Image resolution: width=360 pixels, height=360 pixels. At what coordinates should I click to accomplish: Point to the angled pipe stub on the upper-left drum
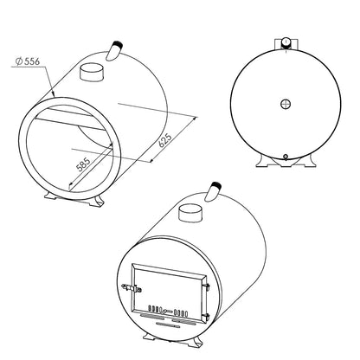pyautogui.click(x=114, y=51)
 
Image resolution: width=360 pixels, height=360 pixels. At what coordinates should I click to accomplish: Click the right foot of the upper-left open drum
pyautogui.click(x=100, y=201)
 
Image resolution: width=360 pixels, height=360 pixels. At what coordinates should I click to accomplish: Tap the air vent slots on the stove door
pyautogui.click(x=164, y=309)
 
